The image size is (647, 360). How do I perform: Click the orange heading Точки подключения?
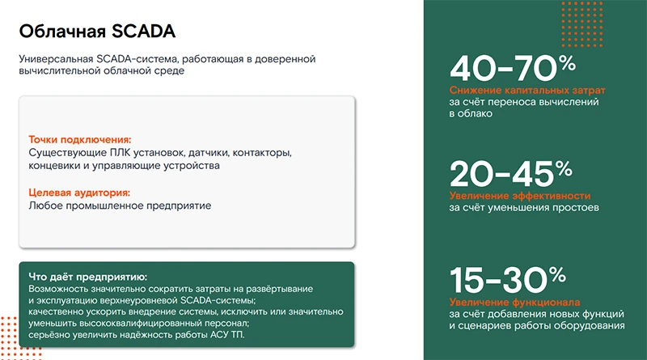(x=79, y=139)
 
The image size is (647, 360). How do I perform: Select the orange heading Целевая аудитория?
(x=78, y=193)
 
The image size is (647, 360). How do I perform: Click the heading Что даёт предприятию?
(x=87, y=277)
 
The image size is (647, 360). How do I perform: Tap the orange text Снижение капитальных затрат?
(x=527, y=90)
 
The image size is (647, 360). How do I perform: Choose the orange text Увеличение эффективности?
(x=520, y=196)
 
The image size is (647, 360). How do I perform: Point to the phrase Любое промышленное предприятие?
(x=120, y=205)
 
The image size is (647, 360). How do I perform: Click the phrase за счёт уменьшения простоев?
(x=524, y=208)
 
